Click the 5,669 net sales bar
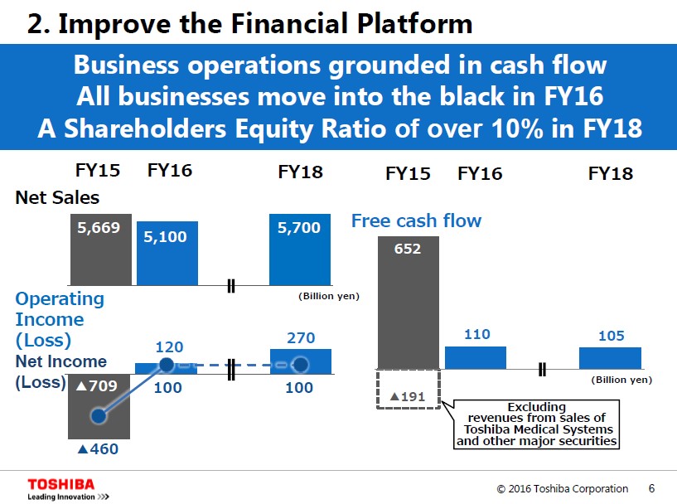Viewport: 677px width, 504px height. coord(100,249)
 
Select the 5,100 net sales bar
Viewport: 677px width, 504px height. coord(167,253)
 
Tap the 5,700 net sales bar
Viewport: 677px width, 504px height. coord(300,249)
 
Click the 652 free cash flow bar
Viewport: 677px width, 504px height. coord(409,303)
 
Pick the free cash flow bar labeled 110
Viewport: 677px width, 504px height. coord(476,357)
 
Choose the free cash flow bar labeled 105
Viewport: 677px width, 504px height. coord(610,357)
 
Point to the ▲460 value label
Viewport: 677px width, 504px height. coord(97,449)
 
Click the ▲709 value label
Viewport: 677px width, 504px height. coord(97,385)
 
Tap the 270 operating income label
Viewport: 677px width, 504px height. coord(300,338)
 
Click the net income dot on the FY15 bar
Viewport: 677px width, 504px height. coord(99,415)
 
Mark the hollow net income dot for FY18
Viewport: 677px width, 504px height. coord(301,365)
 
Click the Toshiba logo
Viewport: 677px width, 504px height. coord(61,484)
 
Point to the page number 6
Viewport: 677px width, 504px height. coord(651,488)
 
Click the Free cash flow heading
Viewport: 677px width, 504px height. coord(416,220)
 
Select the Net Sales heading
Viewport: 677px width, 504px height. coord(57,198)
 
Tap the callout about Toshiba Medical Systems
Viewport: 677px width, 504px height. coord(537,424)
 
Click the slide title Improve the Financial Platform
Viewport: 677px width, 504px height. coord(249,23)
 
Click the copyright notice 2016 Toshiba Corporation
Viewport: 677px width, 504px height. coord(562,488)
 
